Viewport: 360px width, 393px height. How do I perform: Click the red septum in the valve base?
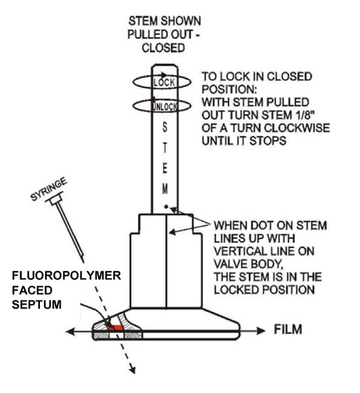(115, 327)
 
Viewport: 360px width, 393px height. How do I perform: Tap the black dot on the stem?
(166, 206)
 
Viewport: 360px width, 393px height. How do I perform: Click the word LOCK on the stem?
(164, 83)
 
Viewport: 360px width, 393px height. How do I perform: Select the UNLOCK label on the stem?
(165, 107)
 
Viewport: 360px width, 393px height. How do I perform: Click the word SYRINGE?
(49, 189)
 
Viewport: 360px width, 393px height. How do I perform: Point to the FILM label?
(288, 329)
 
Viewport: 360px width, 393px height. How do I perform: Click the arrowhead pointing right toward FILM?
(261, 331)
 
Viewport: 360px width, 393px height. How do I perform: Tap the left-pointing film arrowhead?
(71, 331)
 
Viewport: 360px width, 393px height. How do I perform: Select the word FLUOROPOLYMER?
(66, 276)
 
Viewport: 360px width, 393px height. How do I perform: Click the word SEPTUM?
(37, 305)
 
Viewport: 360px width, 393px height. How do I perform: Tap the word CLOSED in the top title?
(164, 48)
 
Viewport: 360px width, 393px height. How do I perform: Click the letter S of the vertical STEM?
(164, 127)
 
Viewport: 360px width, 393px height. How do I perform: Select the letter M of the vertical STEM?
(164, 189)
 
